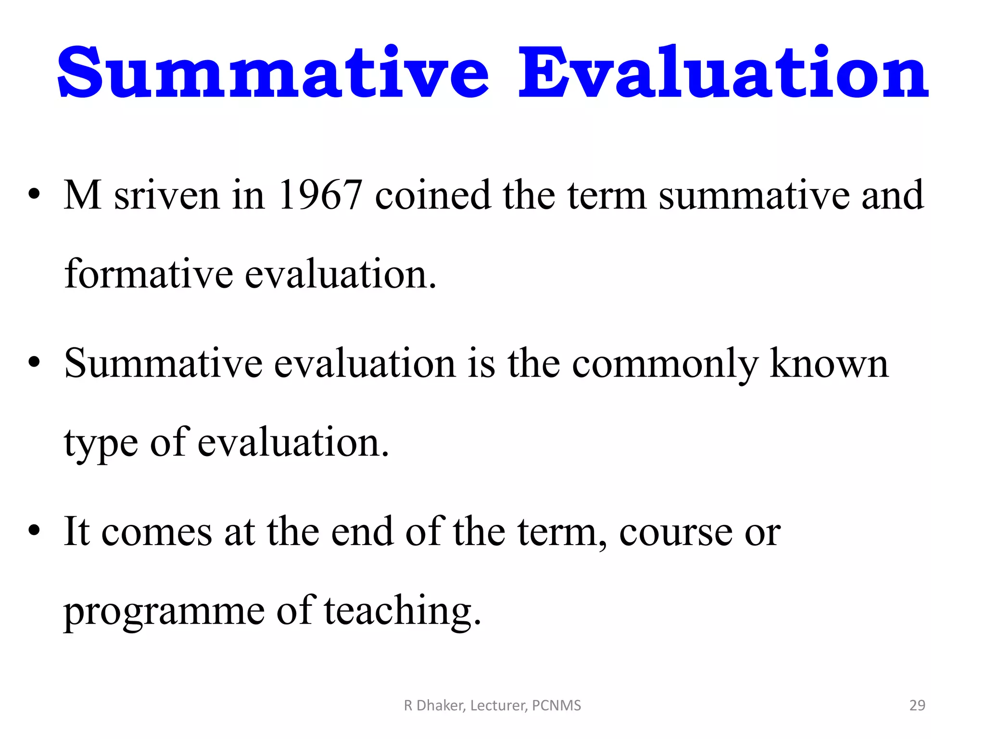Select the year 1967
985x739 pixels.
point(320,195)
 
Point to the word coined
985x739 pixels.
point(433,195)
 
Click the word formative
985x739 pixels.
point(149,274)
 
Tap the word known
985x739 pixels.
point(829,364)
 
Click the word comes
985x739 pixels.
point(156,533)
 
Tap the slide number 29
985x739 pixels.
point(917,705)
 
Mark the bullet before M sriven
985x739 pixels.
point(34,195)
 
